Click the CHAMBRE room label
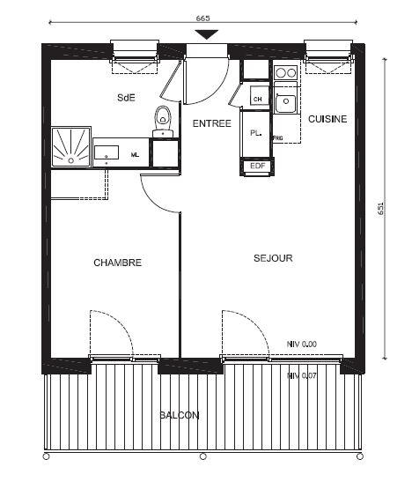(x=117, y=263)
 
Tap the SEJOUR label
(x=273, y=258)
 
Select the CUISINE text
(x=327, y=119)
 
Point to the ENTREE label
(x=212, y=123)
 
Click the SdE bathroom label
(x=126, y=98)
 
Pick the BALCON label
(x=180, y=415)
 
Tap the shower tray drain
(x=71, y=160)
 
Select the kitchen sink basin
(x=286, y=101)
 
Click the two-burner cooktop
(x=285, y=73)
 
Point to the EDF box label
(x=257, y=166)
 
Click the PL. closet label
(x=255, y=133)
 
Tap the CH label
(x=257, y=100)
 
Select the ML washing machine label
(x=135, y=155)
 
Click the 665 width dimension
(x=202, y=19)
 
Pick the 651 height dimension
(x=381, y=208)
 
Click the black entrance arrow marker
(x=206, y=34)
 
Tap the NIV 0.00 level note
(x=302, y=345)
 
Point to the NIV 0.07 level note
(x=302, y=376)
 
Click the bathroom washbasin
(x=107, y=152)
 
